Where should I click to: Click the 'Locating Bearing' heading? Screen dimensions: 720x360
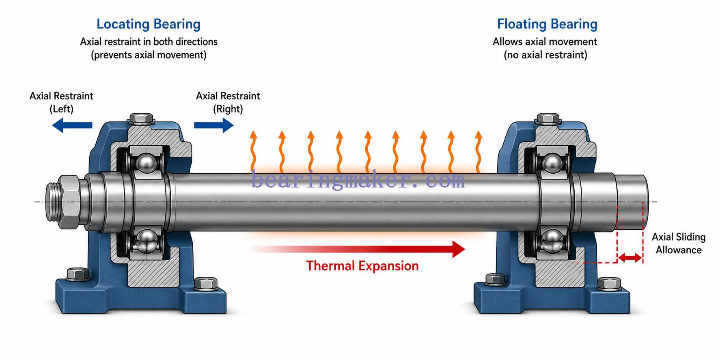[149, 24]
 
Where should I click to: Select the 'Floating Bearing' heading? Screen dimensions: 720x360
[547, 24]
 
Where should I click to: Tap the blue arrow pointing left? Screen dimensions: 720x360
[72, 125]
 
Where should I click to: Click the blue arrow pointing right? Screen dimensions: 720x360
[214, 125]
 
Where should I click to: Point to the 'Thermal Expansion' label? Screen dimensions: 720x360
[362, 266]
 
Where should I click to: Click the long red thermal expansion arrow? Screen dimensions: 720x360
[357, 249]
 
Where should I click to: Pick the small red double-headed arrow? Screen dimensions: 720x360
[630, 257]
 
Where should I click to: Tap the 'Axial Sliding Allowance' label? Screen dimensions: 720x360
[679, 243]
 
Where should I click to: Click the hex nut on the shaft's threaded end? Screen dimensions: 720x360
[69, 202]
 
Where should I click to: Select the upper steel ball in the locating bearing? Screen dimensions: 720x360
[146, 163]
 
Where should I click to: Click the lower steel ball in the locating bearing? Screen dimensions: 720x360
[146, 240]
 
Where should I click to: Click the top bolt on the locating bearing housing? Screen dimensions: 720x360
[142, 118]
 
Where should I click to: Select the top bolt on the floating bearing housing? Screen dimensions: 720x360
[548, 118]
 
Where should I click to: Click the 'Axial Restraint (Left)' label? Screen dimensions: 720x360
[61, 102]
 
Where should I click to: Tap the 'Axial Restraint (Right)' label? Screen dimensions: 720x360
[228, 102]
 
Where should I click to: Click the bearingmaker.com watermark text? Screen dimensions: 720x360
[358, 180]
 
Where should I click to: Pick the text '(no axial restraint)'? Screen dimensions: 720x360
[545, 55]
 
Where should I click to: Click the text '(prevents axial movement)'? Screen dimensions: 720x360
[149, 55]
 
